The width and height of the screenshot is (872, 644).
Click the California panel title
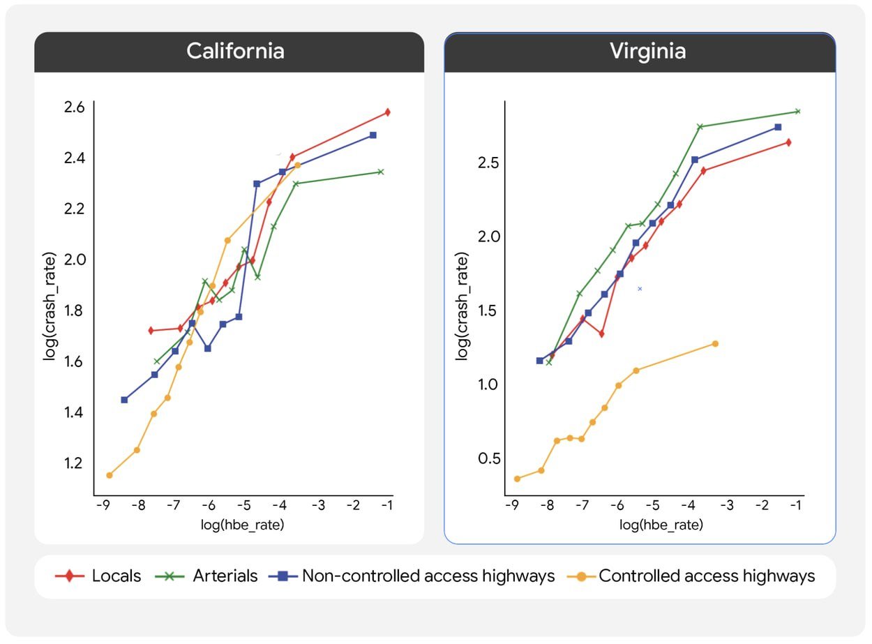click(235, 52)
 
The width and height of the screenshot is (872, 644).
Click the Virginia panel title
click(647, 52)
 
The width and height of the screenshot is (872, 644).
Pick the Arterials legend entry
click(211, 576)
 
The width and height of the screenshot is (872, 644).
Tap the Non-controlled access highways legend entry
click(412, 576)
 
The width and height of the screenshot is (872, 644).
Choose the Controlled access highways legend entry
click(691, 576)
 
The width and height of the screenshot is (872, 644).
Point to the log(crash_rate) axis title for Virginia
click(463, 305)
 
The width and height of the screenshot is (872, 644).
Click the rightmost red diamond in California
click(387, 112)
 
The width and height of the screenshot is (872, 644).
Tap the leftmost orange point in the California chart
click(109, 475)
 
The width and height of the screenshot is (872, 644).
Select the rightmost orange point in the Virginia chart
click(715, 344)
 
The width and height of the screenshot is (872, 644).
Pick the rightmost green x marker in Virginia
click(797, 112)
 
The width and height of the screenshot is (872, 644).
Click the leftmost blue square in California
click(124, 400)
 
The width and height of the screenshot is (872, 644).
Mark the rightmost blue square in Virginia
click(778, 127)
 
